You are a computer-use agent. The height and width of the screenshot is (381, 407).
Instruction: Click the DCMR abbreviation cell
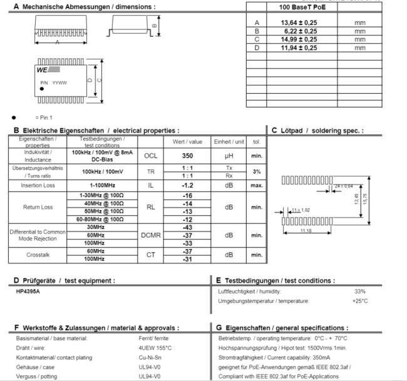pyautogui.click(x=151, y=235)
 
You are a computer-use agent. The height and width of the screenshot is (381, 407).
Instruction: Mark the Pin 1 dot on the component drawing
pyautogui.click(x=41, y=88)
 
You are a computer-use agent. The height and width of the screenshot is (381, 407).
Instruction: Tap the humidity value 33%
pyautogui.click(x=360, y=292)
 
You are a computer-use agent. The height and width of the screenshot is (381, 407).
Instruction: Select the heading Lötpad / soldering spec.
pyautogui.click(x=317, y=130)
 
